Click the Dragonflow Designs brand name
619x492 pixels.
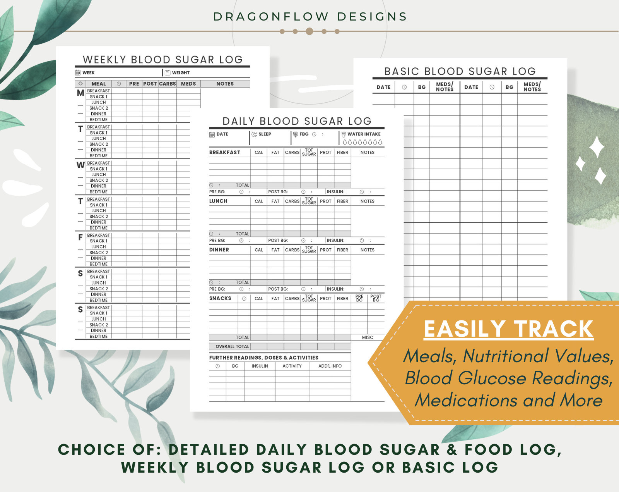310,17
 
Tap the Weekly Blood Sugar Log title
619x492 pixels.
162,60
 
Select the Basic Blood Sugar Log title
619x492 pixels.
460,71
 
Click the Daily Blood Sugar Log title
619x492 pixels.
297,121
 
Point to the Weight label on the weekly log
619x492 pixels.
181,73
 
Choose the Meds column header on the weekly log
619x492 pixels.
188,84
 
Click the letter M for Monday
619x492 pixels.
80,93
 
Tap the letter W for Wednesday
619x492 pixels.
80,165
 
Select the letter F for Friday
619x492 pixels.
80,237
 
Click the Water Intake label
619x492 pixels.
364,134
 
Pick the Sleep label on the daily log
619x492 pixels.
265,134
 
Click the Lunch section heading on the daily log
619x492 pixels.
218,201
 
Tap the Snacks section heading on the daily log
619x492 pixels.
220,298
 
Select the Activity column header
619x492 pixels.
292,366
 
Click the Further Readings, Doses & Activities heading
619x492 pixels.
263,358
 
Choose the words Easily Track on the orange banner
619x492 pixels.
508,329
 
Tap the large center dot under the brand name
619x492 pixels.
309,31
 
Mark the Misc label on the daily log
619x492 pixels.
368,337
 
